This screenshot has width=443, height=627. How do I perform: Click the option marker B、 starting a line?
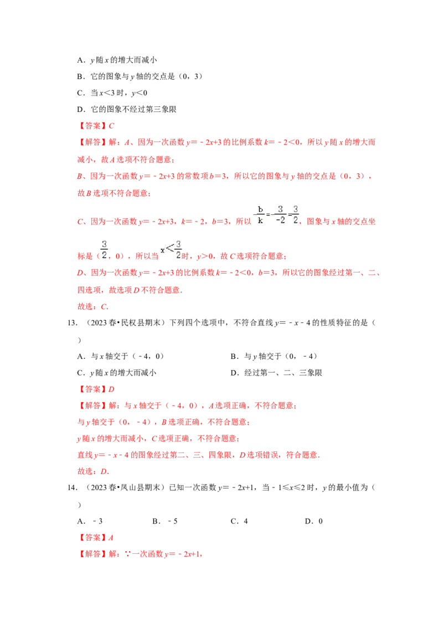tap(79, 177)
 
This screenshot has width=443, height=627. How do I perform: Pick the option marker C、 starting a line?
tap(79, 222)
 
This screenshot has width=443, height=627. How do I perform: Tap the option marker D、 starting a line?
tap(79, 274)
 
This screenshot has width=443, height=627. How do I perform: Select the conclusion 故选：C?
tap(92, 306)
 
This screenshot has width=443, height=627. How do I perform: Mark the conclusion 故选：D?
tap(91, 472)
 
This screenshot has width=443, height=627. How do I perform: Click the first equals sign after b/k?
tap(268, 215)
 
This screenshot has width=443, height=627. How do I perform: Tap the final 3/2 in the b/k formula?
tap(296, 214)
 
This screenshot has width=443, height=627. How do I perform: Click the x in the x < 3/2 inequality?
tap(162, 250)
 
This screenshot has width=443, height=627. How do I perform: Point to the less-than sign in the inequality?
tap(169, 249)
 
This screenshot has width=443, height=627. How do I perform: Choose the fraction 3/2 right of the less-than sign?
tap(178, 249)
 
